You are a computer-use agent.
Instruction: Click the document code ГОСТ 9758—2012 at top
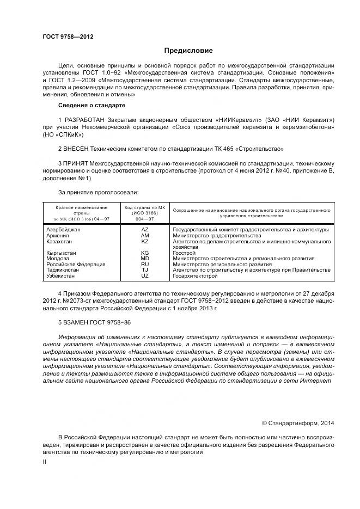(68, 36)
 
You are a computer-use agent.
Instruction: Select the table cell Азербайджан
(64, 230)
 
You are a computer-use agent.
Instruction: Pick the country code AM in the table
(145, 236)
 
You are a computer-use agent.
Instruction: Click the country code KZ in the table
(145, 241)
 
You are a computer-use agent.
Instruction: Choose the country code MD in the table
(145, 259)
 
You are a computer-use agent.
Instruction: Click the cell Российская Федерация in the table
(76, 265)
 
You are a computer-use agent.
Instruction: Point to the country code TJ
(145, 270)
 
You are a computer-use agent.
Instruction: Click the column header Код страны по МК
(144, 208)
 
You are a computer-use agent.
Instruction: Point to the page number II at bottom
(45, 462)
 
